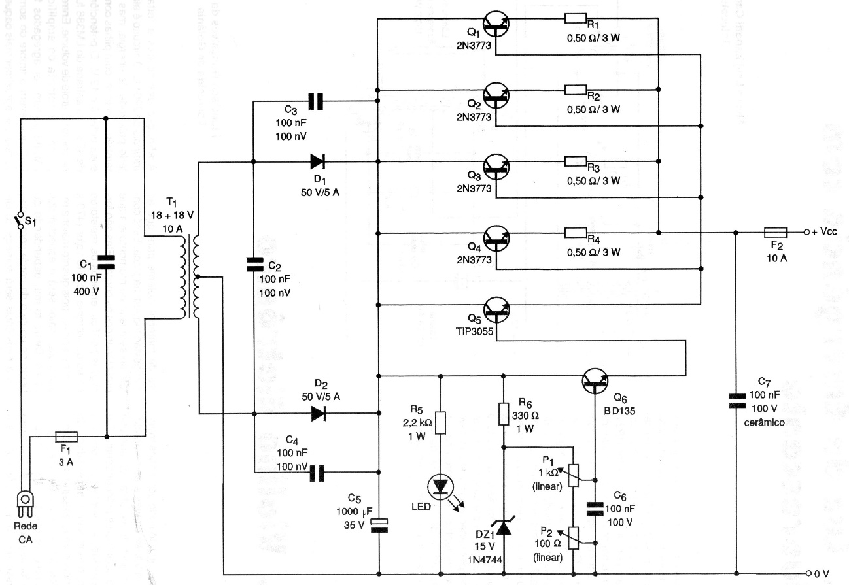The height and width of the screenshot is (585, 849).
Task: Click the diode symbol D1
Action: (x=319, y=161)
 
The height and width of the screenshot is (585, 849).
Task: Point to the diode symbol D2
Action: (x=319, y=413)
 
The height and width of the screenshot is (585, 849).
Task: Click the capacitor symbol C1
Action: (x=106, y=263)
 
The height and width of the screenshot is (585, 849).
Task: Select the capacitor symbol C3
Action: (x=315, y=101)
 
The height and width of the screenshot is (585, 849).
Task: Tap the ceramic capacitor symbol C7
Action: (x=736, y=400)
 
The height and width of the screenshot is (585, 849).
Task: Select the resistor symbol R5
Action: (x=440, y=422)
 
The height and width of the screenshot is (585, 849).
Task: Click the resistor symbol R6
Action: (x=503, y=414)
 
